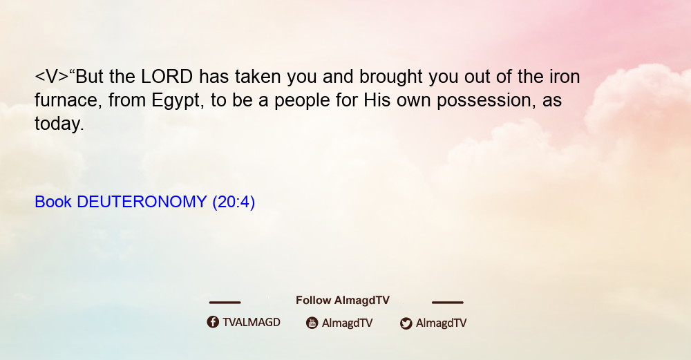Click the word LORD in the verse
pos(167,77)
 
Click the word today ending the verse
pos(59,124)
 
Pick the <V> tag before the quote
pos(52,77)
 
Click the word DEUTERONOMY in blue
pos(142,202)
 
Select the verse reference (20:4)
pos(234,202)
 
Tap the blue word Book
pos(53,202)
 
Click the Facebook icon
pos(213,322)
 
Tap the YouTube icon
pos(312,323)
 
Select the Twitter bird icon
pos(406,323)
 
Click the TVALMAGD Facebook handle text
pos(252,323)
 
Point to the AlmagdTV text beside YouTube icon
pos(348,323)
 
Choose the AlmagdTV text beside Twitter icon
pos(441,323)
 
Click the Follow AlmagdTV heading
pos(343,301)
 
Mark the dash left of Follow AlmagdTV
pos(225,303)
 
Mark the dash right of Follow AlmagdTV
pos(448,303)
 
